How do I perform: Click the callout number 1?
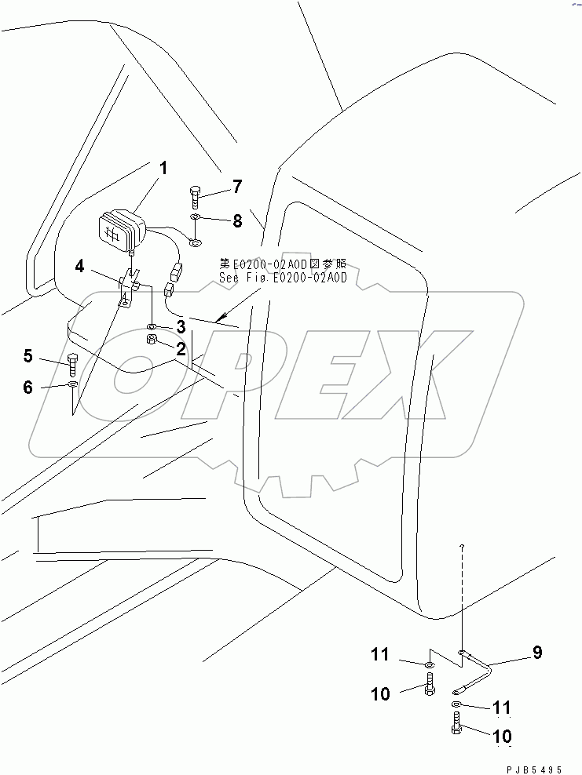(x=163, y=167)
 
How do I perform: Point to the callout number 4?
(x=80, y=266)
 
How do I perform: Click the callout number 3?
(x=181, y=326)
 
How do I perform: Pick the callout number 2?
(x=181, y=347)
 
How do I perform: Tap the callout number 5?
(x=28, y=357)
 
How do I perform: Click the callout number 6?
(x=28, y=387)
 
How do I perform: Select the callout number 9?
(x=537, y=652)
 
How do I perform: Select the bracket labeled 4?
(x=129, y=286)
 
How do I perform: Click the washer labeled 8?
(x=196, y=218)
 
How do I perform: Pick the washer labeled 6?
(x=72, y=384)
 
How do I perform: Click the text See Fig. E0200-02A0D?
(x=283, y=277)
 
